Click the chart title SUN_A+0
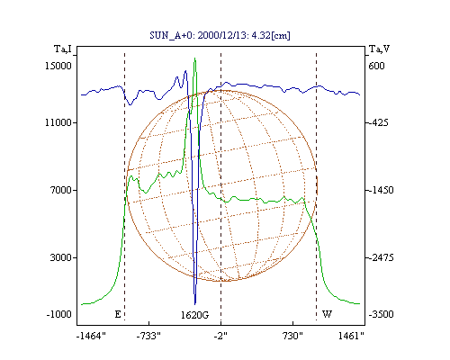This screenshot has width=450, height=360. click(x=171, y=35)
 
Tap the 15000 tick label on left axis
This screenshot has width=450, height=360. click(x=58, y=66)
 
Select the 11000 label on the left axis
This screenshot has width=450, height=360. click(x=58, y=122)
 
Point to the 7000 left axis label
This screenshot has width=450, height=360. click(x=61, y=190)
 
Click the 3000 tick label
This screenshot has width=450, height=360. click(x=61, y=257)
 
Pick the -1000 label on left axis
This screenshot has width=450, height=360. click(x=58, y=314)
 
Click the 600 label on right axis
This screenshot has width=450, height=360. click(x=376, y=66)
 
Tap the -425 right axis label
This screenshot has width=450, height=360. click(x=378, y=122)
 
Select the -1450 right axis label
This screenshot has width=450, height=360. click(x=381, y=190)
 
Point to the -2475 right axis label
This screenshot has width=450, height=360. click(x=381, y=257)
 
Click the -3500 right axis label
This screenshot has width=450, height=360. click(x=381, y=314)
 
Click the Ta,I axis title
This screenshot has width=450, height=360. click(x=63, y=49)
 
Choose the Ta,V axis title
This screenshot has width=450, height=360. click(x=379, y=49)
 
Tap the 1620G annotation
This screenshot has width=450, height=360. click(x=194, y=315)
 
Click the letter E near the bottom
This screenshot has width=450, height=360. click(x=118, y=314)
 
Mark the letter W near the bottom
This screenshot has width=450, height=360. click(x=327, y=314)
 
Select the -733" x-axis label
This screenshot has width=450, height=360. click(x=148, y=336)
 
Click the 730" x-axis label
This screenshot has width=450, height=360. click(x=292, y=336)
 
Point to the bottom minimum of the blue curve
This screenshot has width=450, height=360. click(x=195, y=304)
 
